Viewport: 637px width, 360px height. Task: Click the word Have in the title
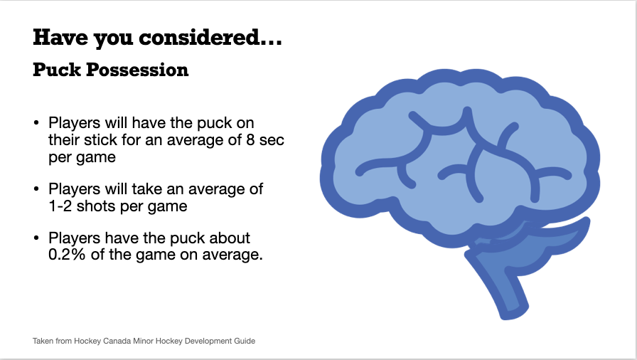tap(60, 38)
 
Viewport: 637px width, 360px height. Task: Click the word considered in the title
tap(200, 38)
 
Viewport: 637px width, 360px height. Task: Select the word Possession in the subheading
tap(137, 70)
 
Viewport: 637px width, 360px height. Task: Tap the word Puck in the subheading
tap(57, 70)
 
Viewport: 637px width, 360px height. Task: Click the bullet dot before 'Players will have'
tap(37, 122)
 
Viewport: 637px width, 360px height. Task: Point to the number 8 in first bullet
tap(250, 140)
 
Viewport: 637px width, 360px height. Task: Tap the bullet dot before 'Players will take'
tap(37, 189)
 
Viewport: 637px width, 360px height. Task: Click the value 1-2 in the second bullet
tap(60, 206)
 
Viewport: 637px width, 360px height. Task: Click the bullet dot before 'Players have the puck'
tap(37, 238)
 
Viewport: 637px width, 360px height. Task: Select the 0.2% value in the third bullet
tap(67, 255)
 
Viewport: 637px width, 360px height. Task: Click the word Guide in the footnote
tap(245, 341)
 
